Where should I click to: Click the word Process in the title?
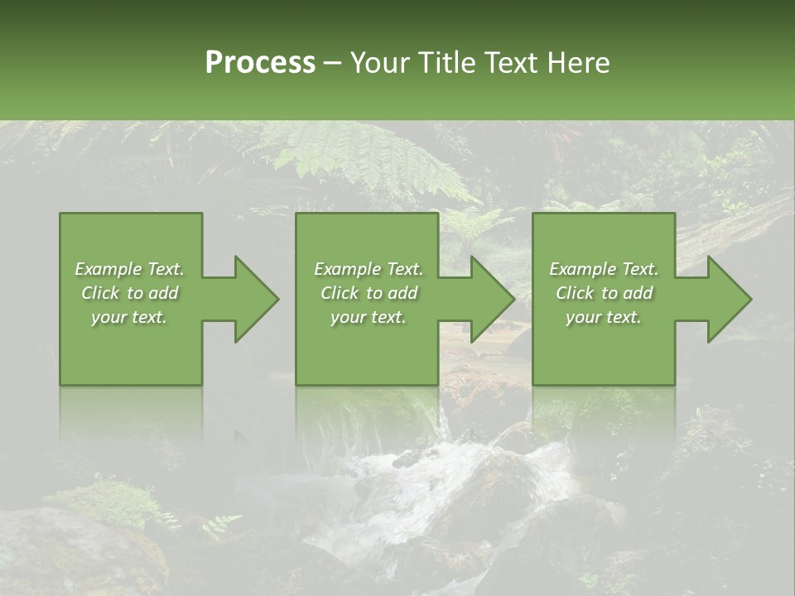[260, 63]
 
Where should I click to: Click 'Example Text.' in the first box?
[129, 269]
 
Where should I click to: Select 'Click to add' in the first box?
[129, 293]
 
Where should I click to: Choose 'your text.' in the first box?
[129, 317]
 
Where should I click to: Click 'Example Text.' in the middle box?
[369, 269]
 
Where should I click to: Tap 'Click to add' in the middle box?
[369, 293]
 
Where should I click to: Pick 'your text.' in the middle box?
[369, 317]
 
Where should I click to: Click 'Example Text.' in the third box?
[604, 269]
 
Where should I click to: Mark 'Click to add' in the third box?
[604, 293]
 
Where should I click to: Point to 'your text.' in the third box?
[604, 317]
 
